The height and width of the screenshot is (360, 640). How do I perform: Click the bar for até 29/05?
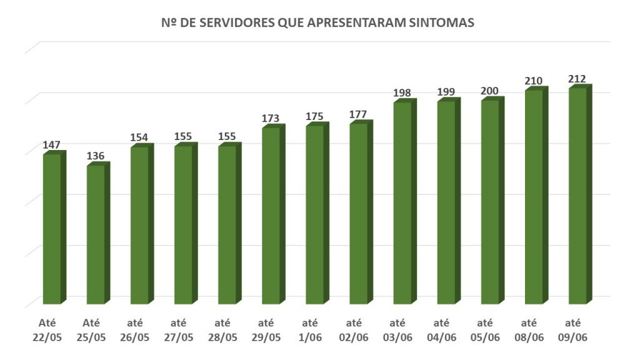point(271,216)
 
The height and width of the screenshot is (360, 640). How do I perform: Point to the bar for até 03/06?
point(402,203)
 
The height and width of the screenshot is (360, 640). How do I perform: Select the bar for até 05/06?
point(489,202)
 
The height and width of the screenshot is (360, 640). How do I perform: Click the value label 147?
point(51,145)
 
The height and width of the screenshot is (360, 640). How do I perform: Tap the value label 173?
point(271,118)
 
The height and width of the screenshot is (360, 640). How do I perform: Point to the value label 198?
point(402,93)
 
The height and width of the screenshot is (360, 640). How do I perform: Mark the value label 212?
point(577,79)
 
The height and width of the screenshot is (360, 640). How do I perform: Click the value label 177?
point(358,114)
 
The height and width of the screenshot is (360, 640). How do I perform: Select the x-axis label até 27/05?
point(184,330)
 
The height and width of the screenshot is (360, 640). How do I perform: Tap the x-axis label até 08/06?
point(534,330)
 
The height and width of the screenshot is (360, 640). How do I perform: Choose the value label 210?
point(533,81)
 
